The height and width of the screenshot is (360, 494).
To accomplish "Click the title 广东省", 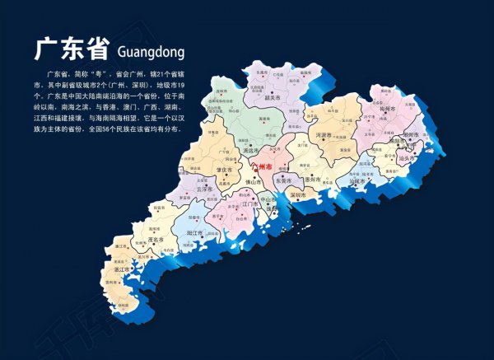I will click(x=69, y=48).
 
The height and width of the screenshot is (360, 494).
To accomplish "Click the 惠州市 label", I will click(x=312, y=179).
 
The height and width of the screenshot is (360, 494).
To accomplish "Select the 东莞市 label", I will click(x=284, y=180).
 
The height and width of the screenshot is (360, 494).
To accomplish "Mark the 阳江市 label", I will click(x=195, y=233).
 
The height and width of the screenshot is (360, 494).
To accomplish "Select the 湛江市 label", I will click(x=122, y=269).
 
